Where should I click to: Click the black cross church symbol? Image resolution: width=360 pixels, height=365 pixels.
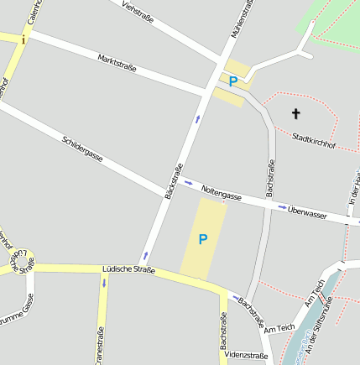point(295,112)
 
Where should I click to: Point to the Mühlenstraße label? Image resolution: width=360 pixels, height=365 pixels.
point(241,18)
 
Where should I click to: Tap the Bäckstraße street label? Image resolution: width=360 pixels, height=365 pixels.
point(175,182)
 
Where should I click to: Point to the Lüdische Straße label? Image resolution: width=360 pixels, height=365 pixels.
point(128,269)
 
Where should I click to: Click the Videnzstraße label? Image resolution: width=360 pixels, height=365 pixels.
point(247,356)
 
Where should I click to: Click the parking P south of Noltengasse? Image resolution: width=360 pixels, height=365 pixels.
point(202,240)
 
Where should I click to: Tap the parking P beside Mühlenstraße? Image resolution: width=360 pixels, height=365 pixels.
point(232,81)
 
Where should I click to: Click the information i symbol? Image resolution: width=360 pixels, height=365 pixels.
point(24,39)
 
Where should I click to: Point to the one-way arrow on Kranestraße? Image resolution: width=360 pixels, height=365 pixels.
point(104,283)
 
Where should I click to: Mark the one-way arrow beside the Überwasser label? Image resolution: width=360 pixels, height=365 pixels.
point(282,207)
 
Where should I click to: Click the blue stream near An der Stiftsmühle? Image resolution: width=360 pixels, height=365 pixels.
point(302,331)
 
